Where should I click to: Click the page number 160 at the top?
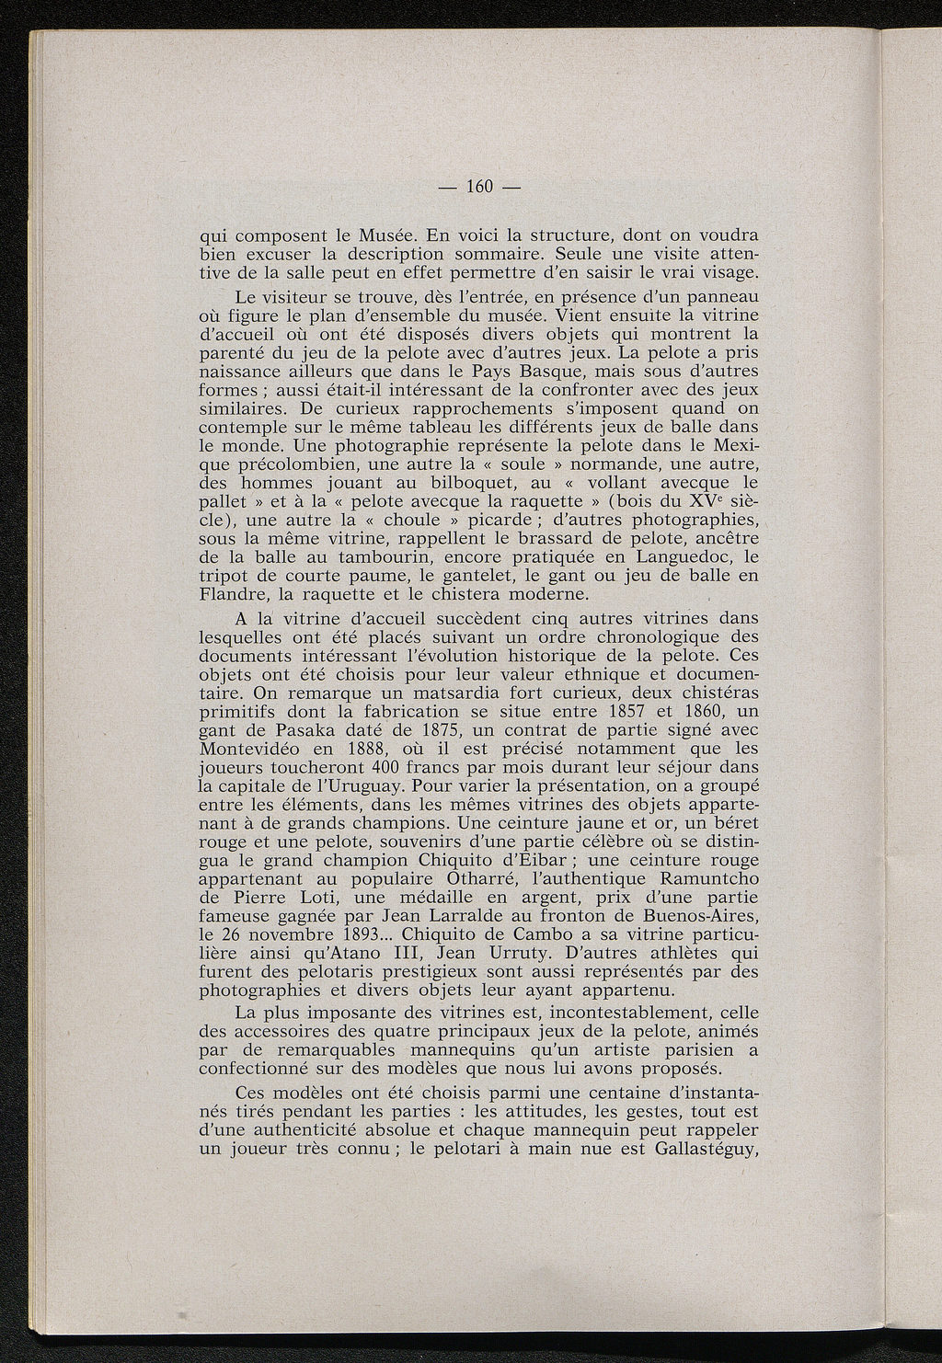[481, 188]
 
